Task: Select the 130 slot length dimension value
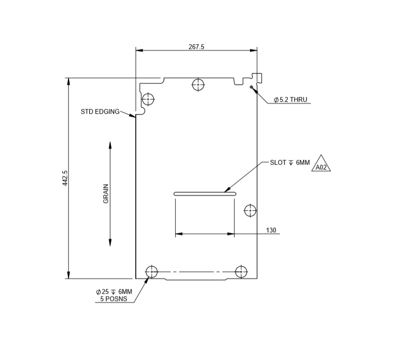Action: pos(271,230)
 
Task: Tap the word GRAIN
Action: pos(106,193)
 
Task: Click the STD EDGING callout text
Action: pos(100,112)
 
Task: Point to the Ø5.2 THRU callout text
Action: pos(290,100)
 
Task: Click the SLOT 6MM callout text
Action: pos(290,163)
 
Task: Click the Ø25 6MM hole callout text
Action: pos(114,292)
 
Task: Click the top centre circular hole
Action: pos(198,85)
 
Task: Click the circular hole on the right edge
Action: pos(250,210)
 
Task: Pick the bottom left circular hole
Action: pos(152,271)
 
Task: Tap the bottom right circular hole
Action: pos(241,271)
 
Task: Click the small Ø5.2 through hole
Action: pos(251,87)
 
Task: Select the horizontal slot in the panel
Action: pos(205,194)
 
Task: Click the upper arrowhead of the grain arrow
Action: pos(110,145)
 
